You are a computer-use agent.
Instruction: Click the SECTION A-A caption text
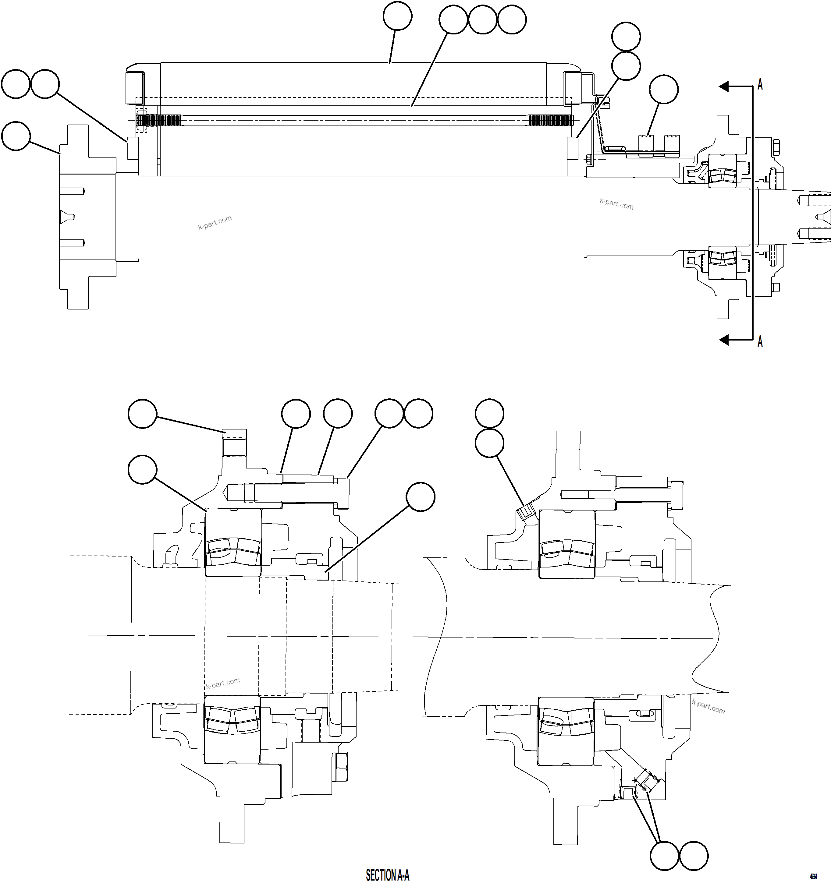(x=387, y=874)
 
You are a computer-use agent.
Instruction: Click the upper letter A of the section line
(x=760, y=84)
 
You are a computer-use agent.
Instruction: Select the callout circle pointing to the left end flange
(x=16, y=136)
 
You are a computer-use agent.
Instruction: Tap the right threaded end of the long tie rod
(x=550, y=120)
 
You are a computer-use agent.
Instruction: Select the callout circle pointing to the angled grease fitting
(x=489, y=443)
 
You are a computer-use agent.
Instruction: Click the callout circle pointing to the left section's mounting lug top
(x=142, y=414)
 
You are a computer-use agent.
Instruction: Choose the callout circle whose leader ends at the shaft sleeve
(x=421, y=497)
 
